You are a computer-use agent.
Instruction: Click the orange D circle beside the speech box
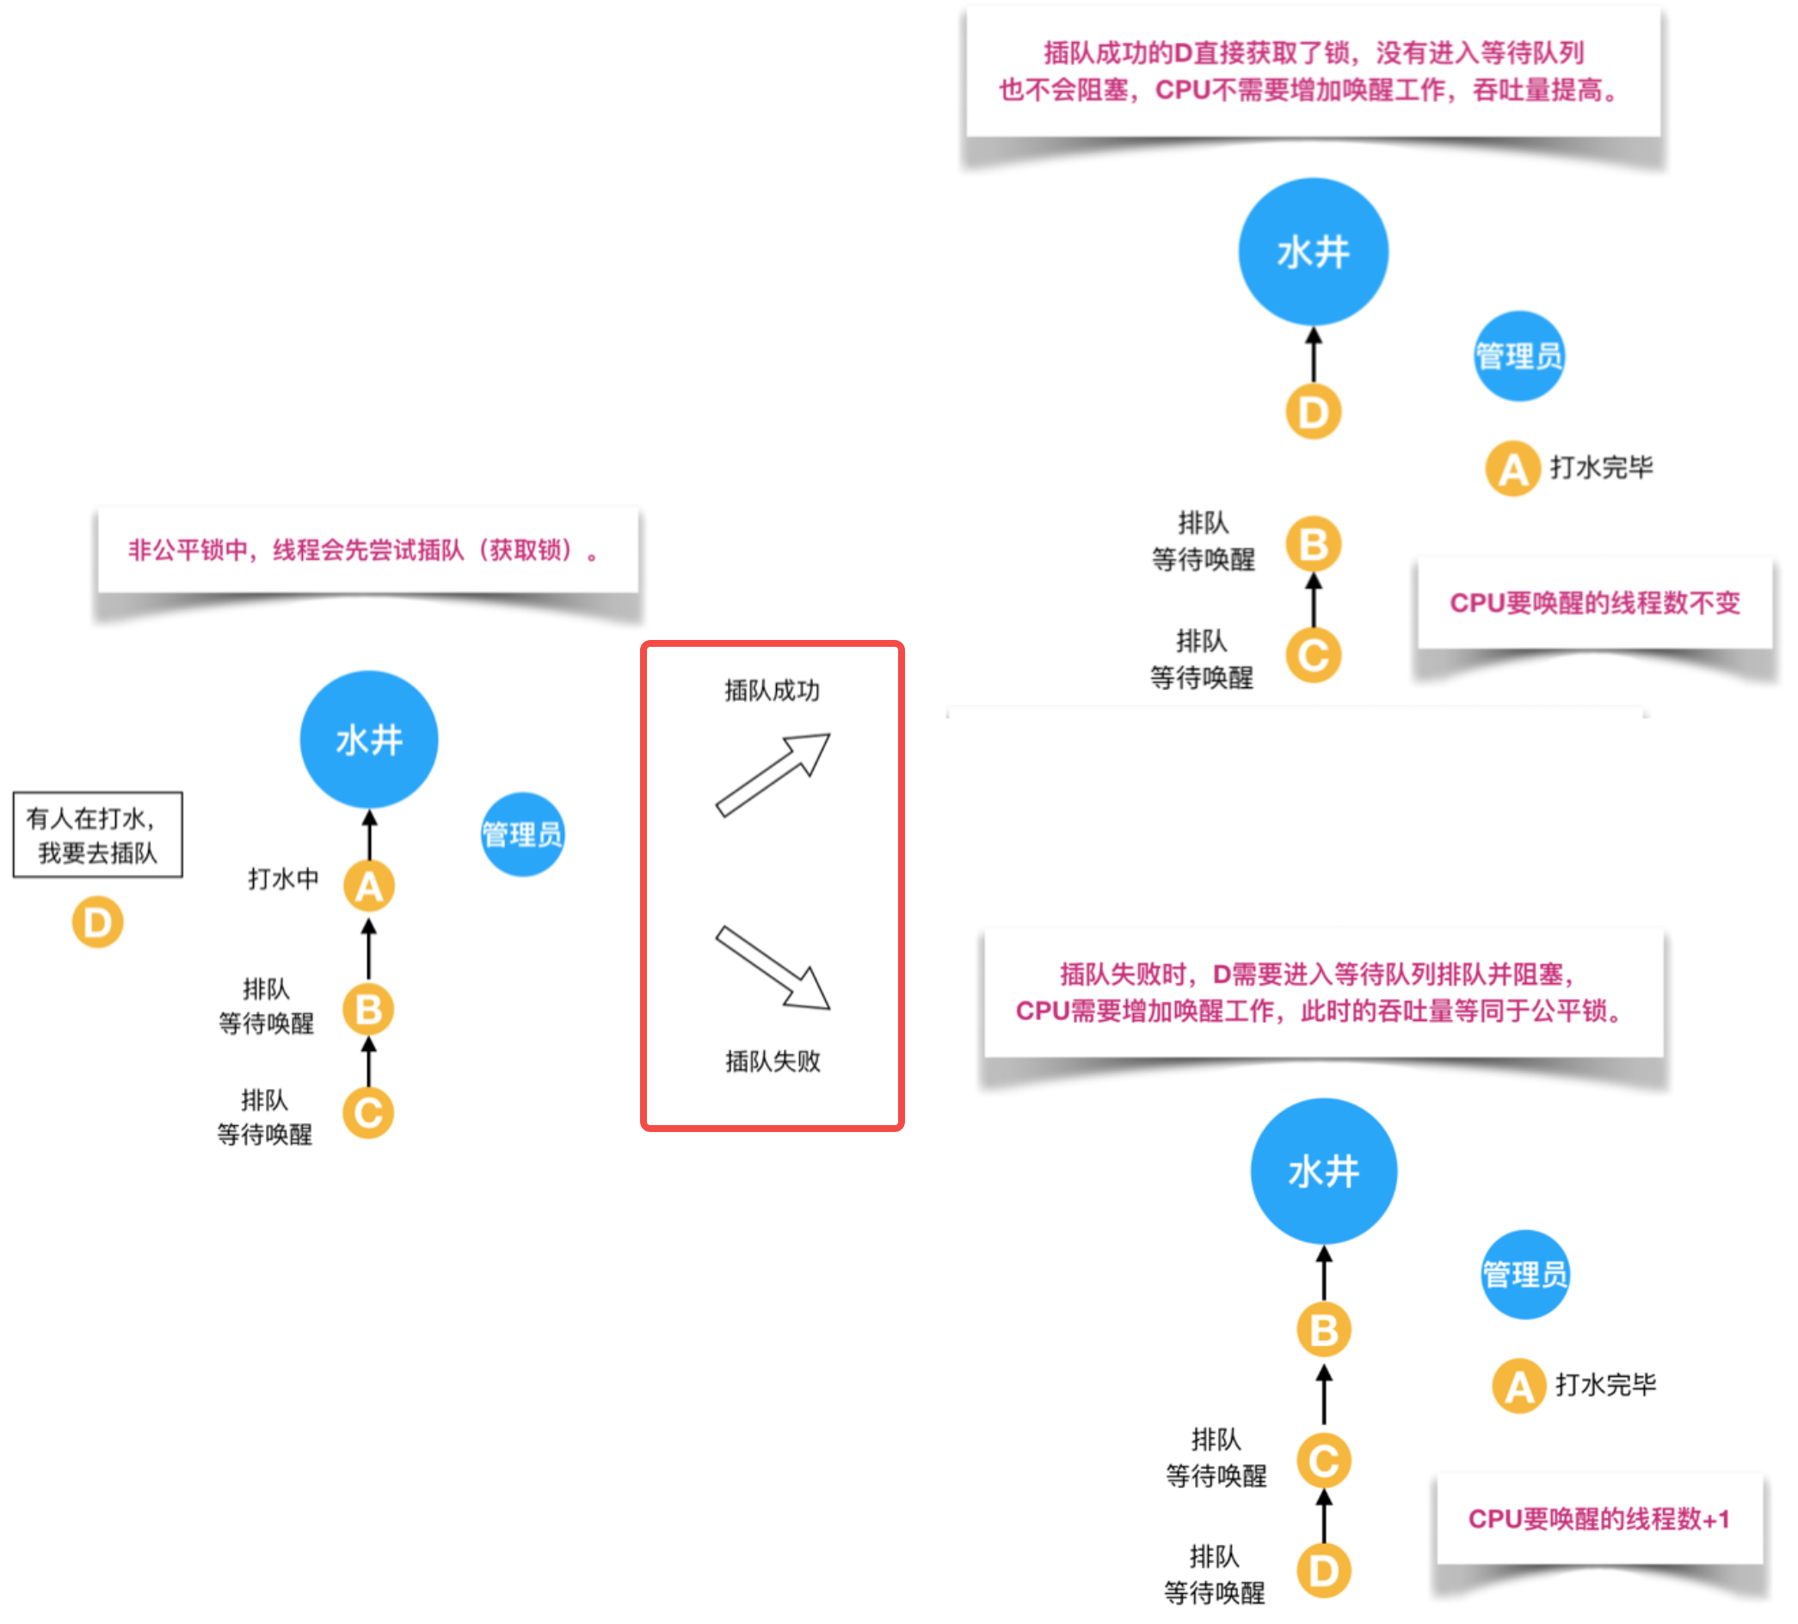[97, 922]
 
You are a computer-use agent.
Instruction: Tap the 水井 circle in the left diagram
[368, 740]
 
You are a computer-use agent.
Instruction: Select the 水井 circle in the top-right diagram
[1313, 251]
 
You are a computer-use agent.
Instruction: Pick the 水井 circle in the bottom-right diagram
[1323, 1171]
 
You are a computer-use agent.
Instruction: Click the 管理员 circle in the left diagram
[523, 834]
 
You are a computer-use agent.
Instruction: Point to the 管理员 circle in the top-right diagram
[1519, 356]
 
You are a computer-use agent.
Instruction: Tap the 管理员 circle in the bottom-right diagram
[1525, 1274]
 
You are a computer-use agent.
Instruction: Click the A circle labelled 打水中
[369, 886]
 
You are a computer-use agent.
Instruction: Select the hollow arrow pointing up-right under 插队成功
[773, 774]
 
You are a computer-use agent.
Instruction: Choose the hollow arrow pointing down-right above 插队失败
[773, 968]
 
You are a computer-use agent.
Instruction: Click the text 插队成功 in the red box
[773, 690]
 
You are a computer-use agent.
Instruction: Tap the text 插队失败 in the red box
[773, 1061]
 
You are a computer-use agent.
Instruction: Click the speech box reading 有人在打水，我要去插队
[97, 834]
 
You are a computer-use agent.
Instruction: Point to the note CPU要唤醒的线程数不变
[1595, 603]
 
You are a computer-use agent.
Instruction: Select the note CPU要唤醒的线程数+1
[1599, 1519]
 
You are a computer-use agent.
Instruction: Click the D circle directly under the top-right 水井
[1313, 412]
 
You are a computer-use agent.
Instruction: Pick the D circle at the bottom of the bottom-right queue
[1323, 1572]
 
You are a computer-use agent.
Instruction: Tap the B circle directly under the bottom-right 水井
[1323, 1330]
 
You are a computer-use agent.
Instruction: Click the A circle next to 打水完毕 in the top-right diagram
[1512, 468]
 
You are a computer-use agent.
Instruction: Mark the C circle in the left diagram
[368, 1113]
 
